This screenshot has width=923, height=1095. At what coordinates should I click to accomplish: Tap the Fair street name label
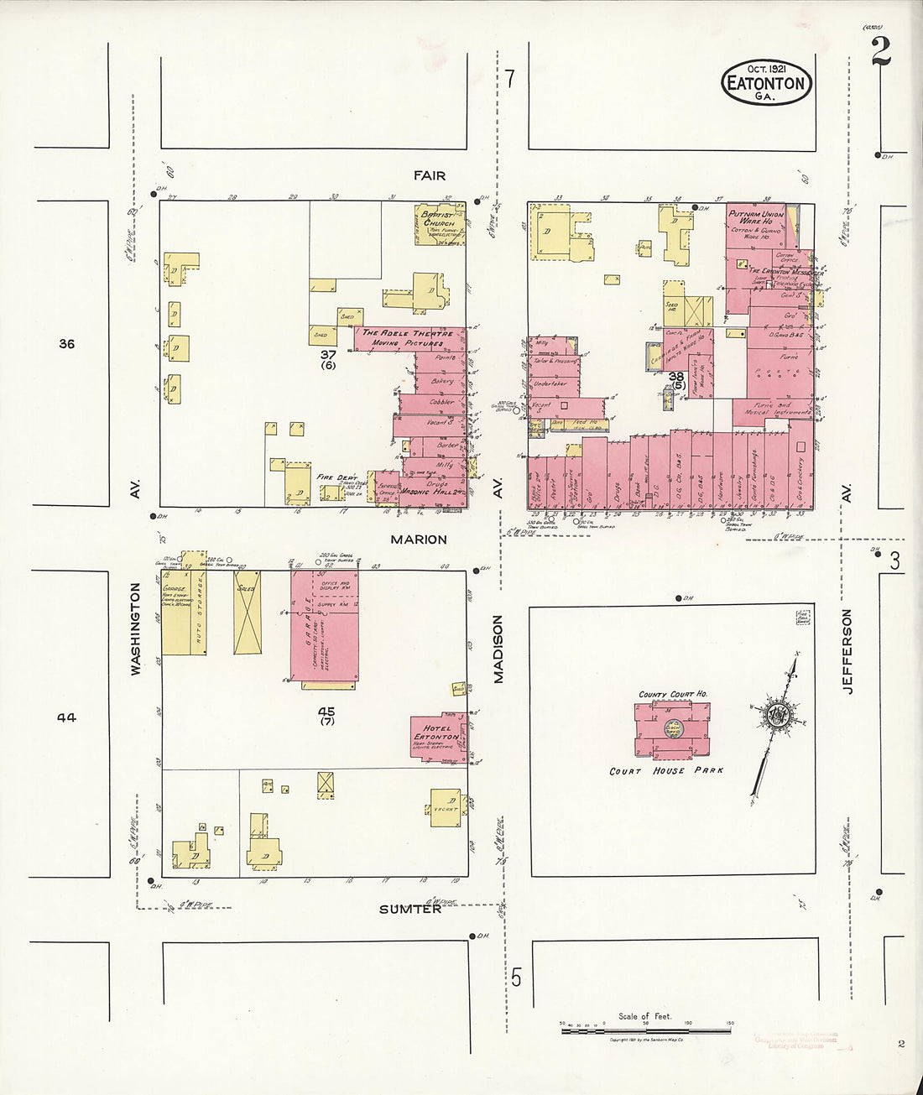pos(429,175)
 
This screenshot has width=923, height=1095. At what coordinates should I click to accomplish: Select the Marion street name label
pos(418,540)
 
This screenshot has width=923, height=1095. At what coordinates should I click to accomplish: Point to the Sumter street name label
pos(410,910)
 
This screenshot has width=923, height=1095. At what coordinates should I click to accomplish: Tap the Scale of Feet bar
pos(645,1025)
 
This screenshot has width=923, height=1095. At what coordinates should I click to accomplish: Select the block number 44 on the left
pos(67,717)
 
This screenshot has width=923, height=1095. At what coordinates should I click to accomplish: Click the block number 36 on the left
pos(67,343)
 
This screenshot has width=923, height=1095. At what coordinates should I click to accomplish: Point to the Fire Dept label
pos(336,477)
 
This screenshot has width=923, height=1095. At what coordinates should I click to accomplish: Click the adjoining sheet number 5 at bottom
pos(516,978)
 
